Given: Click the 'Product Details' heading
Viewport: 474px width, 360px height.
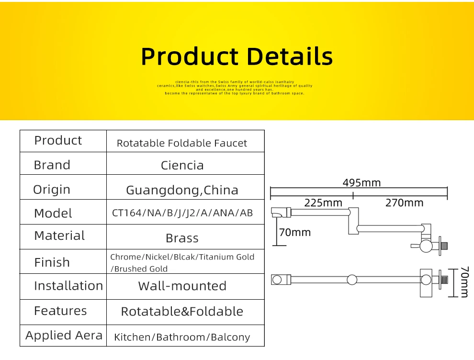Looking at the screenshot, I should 237,56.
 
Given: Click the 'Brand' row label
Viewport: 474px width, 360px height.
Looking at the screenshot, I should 52,165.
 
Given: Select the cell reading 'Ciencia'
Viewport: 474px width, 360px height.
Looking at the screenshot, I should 182,166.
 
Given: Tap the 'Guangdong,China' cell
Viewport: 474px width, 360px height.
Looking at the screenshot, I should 182,190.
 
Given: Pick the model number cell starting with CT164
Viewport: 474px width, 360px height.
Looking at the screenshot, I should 182,213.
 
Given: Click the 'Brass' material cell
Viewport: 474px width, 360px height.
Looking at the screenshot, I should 182,238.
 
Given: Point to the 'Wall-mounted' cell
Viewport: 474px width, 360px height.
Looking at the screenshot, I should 182,286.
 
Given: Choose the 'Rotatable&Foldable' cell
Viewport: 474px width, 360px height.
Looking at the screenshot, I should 182,312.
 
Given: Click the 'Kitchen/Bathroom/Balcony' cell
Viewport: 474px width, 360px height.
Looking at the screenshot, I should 182,337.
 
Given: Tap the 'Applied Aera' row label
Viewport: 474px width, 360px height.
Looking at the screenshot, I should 64,336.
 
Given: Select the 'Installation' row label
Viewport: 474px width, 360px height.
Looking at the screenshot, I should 68,286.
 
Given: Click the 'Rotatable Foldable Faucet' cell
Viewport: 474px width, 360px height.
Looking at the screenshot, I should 182,143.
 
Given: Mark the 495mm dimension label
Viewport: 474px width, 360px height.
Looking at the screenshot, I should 361,183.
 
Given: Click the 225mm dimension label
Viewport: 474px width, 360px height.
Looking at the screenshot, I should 324,202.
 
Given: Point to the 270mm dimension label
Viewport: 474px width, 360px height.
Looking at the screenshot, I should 404,202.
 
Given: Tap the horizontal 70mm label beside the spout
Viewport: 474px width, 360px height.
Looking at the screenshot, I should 295,233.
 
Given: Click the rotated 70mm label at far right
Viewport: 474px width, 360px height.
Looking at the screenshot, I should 464,282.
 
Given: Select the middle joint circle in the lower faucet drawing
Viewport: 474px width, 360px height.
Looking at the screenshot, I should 352,280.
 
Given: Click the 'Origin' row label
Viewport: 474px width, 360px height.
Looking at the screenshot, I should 51,190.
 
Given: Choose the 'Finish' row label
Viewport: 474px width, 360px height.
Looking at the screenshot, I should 52,262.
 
